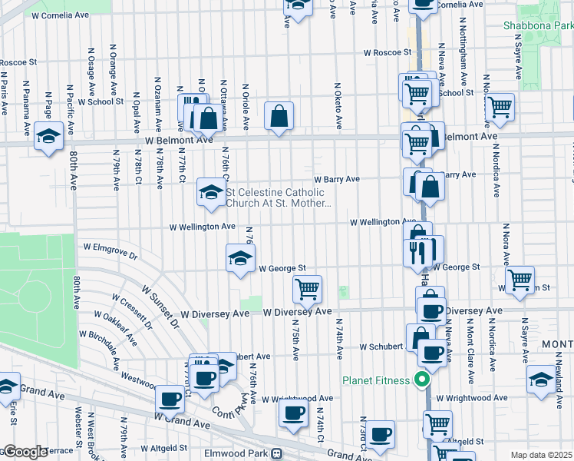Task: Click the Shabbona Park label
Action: pos(538,25)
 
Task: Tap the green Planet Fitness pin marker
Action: pos(421,379)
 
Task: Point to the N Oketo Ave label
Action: pos(338,105)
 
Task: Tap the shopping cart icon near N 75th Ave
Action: pos(307,290)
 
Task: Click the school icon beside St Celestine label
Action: pos(210,192)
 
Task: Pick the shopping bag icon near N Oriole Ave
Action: pos(279,116)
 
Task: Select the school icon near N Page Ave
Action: pos(48,136)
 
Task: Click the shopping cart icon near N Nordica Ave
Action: pos(500,107)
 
